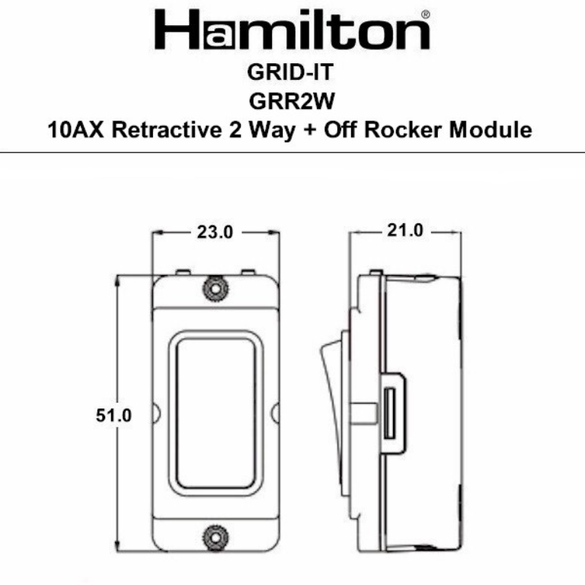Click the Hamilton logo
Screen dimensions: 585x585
(292, 30)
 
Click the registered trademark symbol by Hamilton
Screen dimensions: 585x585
(425, 14)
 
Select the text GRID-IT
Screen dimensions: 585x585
(292, 74)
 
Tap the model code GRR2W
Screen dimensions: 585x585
(292, 101)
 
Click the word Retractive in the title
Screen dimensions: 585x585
(165, 129)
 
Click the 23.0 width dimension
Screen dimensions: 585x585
(215, 233)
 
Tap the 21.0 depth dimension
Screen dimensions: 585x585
(404, 230)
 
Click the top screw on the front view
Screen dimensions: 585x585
(216, 289)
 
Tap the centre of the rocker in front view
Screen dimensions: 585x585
(216, 411)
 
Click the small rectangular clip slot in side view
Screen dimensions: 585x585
(390, 413)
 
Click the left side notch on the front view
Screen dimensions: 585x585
(155, 412)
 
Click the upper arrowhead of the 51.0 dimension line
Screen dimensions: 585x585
(117, 280)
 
